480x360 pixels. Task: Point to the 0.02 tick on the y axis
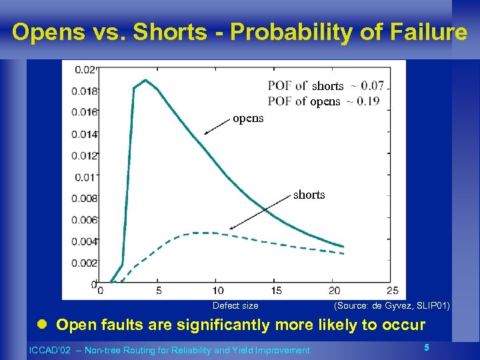(x=84, y=69)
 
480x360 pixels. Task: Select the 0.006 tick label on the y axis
(x=84, y=220)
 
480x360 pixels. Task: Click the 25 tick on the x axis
(x=392, y=291)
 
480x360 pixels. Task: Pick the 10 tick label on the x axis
(x=218, y=291)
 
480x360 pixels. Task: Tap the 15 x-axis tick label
(x=276, y=291)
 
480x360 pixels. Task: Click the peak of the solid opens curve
(x=145, y=81)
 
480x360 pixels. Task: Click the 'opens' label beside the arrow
(x=248, y=119)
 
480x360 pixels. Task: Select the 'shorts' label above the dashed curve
(x=309, y=195)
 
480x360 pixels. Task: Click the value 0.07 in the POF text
(x=372, y=85)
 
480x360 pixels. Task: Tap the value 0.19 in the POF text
(x=368, y=101)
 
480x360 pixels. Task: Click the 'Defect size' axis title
(x=235, y=306)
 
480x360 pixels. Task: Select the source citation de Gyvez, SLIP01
(x=391, y=306)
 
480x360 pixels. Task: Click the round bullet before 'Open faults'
(x=41, y=325)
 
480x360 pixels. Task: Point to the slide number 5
(x=426, y=347)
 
